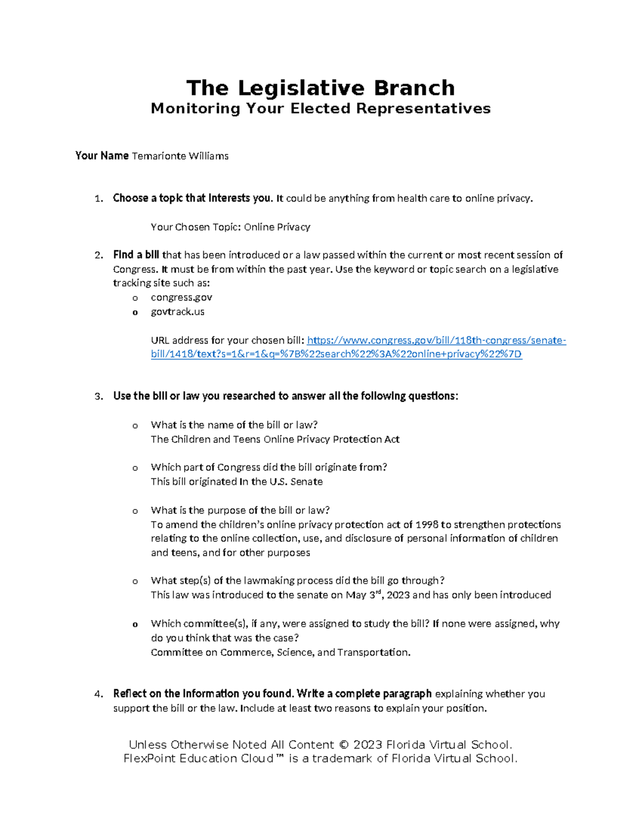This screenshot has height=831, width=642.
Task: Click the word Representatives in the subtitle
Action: click(423, 109)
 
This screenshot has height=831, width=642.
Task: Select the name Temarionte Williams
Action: click(180, 156)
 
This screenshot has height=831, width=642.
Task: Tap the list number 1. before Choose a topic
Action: click(98, 199)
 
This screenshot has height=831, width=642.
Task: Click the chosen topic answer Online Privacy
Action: click(277, 227)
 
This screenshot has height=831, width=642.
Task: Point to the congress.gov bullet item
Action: click(181, 298)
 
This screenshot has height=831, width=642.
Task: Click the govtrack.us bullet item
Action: click(177, 311)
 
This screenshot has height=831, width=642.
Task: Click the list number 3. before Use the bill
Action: click(98, 397)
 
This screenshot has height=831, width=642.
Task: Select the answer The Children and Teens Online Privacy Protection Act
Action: click(275, 439)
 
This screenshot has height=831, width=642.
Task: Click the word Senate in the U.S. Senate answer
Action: click(306, 482)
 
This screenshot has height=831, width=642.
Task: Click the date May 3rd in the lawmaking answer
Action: click(365, 594)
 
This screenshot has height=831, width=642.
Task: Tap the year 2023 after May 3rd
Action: click(398, 595)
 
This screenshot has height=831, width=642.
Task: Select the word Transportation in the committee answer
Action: click(373, 652)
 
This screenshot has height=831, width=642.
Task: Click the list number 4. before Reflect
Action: click(98, 694)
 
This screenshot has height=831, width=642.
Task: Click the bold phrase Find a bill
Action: click(136, 255)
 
